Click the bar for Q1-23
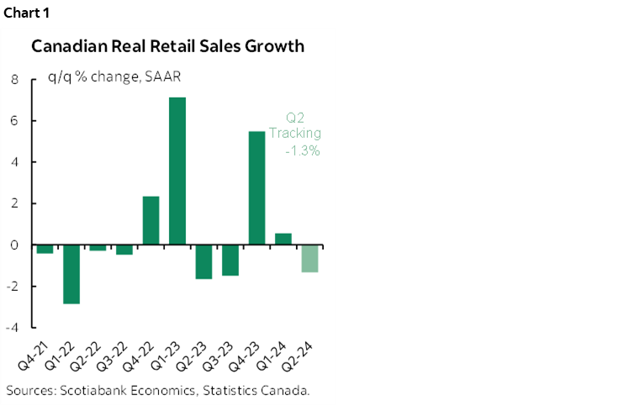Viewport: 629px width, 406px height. click(x=177, y=171)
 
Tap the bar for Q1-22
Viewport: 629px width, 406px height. click(x=71, y=274)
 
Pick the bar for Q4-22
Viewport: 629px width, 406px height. click(x=151, y=220)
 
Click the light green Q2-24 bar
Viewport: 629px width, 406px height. click(x=310, y=258)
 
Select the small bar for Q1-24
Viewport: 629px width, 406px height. click(x=283, y=239)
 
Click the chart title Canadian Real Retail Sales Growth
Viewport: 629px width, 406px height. click(x=168, y=46)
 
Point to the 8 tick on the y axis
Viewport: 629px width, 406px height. click(x=14, y=81)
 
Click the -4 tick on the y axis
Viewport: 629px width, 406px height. click(x=13, y=327)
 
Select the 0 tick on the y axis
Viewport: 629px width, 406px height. click(x=14, y=245)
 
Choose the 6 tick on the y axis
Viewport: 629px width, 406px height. click(x=14, y=122)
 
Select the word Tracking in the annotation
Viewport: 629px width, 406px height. click(x=294, y=134)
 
